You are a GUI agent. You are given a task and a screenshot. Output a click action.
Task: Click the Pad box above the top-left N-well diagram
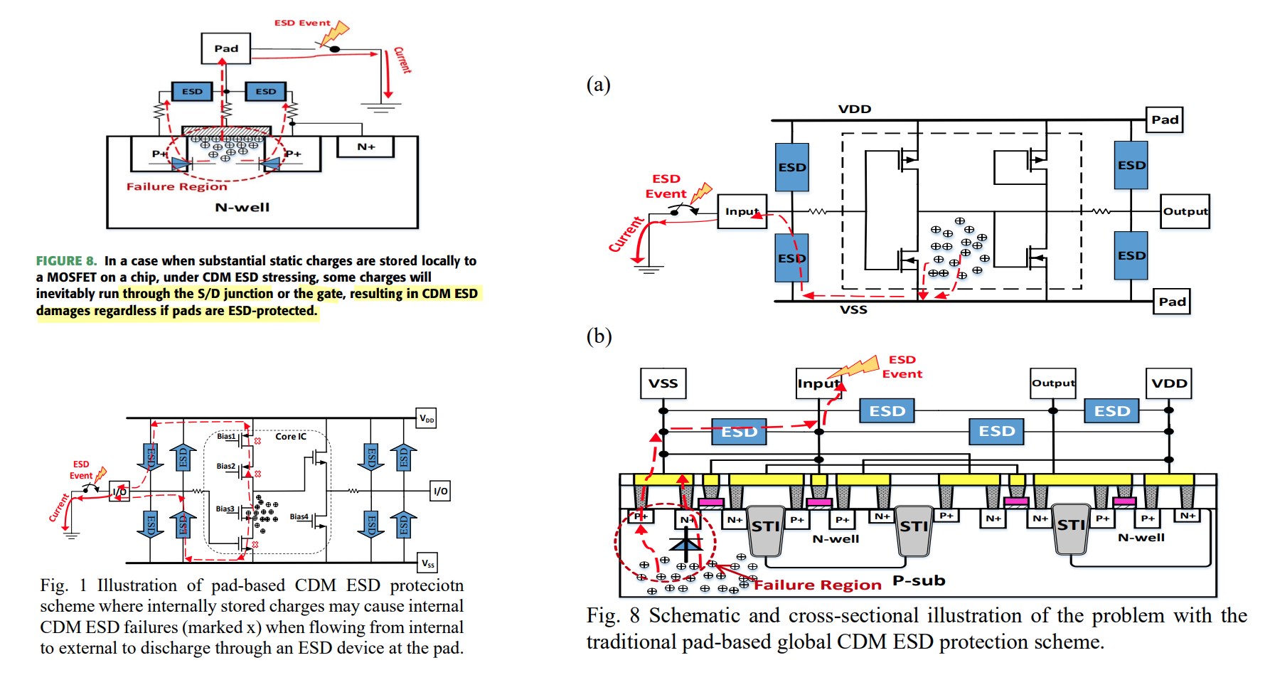226,48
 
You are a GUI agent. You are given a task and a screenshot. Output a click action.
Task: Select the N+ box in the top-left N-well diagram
365,147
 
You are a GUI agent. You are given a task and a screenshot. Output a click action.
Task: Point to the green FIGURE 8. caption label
66,261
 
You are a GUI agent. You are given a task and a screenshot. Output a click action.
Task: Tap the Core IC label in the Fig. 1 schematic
291,436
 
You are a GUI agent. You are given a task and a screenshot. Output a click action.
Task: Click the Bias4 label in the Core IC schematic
299,517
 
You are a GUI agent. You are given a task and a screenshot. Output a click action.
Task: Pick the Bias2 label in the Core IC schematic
225,466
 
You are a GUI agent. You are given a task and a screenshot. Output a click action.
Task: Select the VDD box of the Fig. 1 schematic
427,418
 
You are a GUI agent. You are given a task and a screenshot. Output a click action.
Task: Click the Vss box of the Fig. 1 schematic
427,563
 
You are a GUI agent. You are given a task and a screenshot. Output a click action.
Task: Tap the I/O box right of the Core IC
440,491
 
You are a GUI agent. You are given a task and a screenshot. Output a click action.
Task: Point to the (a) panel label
598,85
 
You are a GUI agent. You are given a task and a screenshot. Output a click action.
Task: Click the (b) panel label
599,336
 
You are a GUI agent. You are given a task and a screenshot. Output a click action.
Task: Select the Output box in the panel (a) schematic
1185,211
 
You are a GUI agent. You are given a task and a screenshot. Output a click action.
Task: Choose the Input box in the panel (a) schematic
742,211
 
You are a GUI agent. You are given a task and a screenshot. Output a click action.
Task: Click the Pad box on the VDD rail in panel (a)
1165,119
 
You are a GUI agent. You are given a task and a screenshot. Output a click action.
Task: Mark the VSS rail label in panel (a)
853,310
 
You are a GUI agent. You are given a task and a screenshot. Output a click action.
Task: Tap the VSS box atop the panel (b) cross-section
663,383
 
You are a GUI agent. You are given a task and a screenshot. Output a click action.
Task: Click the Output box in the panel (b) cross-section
1053,383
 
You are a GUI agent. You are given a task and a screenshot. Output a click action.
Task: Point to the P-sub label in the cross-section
919,580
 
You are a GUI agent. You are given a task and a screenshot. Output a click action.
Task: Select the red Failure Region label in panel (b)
817,585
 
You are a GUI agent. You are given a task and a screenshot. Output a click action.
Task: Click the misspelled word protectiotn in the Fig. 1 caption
427,585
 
